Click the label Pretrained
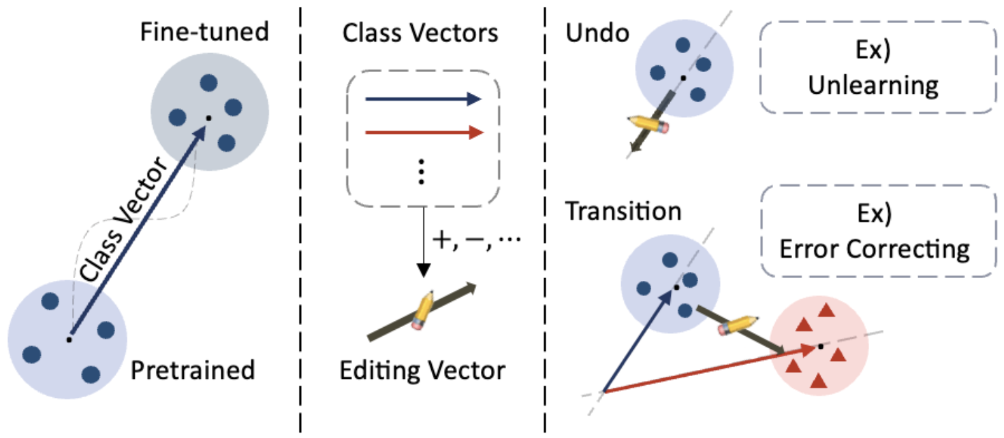coord(193,371)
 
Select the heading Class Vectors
coord(420,33)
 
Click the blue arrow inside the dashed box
coord(423,100)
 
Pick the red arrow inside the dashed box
coord(423,133)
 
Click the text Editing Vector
coord(422,371)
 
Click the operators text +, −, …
coord(475,242)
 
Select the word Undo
coord(598,33)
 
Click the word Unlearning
coord(873,86)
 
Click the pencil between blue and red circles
coord(738,325)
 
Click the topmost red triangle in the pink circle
coord(827,311)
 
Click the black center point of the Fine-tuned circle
coord(208,118)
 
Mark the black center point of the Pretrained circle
coord(69,338)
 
